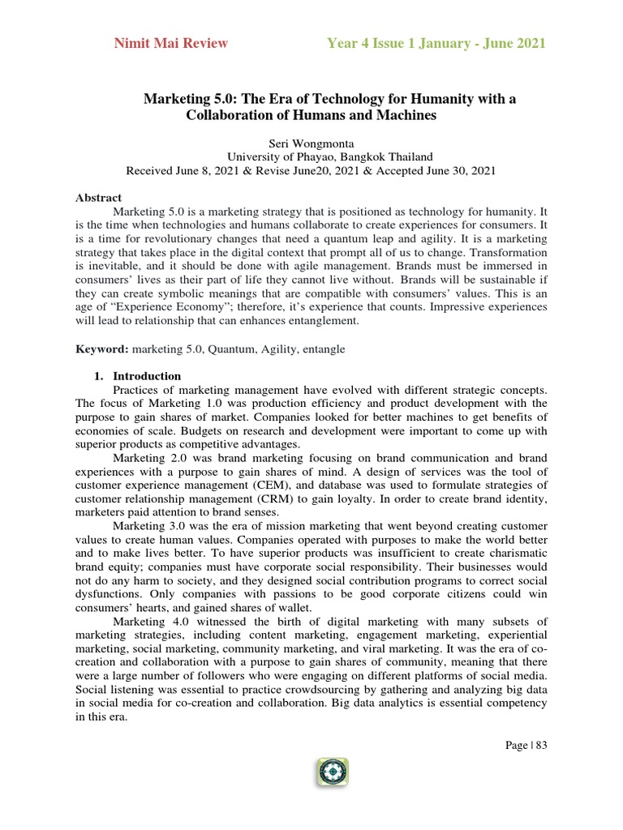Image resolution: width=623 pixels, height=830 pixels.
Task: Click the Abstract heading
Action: pos(98,198)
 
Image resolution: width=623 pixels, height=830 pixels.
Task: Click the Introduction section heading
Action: pos(147,376)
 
